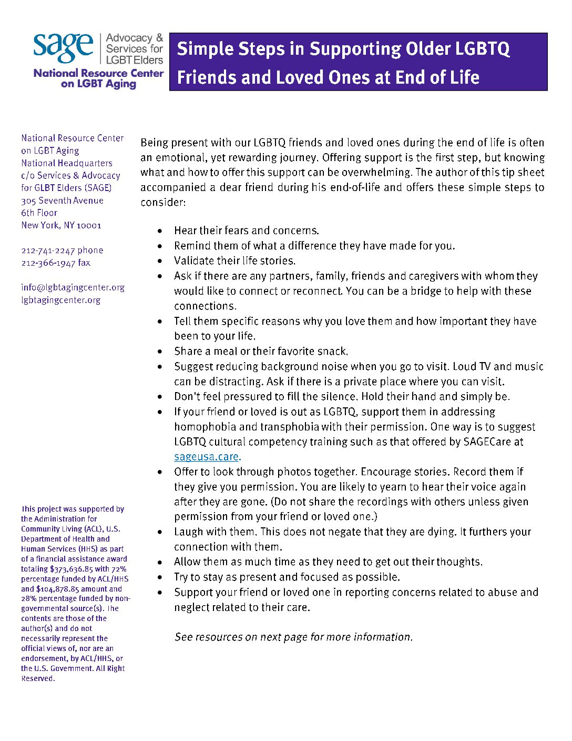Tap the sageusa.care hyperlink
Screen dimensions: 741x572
pos(207,457)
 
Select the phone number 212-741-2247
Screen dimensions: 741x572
pos(48,251)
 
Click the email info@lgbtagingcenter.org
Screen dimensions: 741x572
pos(73,287)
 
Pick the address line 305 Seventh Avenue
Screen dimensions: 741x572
pos(62,201)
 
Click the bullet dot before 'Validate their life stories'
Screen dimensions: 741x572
pos(160,261)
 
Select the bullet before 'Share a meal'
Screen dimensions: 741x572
pos(160,352)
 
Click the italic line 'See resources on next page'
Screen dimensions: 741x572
pos(293,637)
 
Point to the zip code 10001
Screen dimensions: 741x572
pos(89,225)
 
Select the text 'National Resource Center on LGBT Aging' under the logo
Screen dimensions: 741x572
pos(98,78)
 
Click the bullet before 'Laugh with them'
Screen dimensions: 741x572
pos(160,532)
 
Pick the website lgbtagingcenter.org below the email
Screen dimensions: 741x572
pos(60,300)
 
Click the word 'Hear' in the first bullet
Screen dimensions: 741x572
pos(185,231)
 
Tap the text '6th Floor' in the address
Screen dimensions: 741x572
pos(39,213)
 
